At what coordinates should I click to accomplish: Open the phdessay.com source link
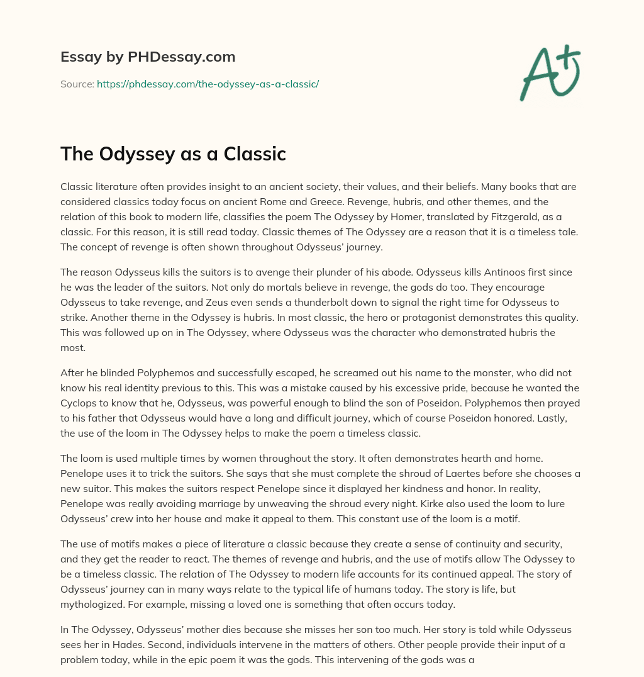coord(208,84)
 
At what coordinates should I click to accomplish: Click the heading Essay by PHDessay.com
coord(148,57)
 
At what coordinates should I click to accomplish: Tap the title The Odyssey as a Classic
coord(173,154)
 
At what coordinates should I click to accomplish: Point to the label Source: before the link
coord(77,84)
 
